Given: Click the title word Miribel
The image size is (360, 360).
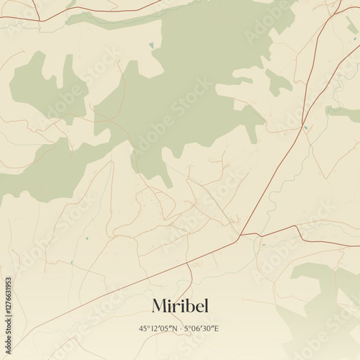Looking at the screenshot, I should click(180, 305).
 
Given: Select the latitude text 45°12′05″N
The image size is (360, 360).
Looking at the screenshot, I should click(160, 328).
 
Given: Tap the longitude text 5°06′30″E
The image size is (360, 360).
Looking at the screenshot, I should click(202, 328).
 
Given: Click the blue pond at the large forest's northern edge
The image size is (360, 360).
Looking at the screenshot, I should click(151, 45).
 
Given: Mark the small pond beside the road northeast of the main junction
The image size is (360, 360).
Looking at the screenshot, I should click(305, 128).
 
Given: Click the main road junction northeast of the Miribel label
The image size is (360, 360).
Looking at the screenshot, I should click(240, 235).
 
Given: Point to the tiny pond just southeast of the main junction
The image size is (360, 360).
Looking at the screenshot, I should click(262, 246).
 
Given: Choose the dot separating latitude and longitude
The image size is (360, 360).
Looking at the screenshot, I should click(181, 328).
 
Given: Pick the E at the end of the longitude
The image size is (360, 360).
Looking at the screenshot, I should click(216, 328).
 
